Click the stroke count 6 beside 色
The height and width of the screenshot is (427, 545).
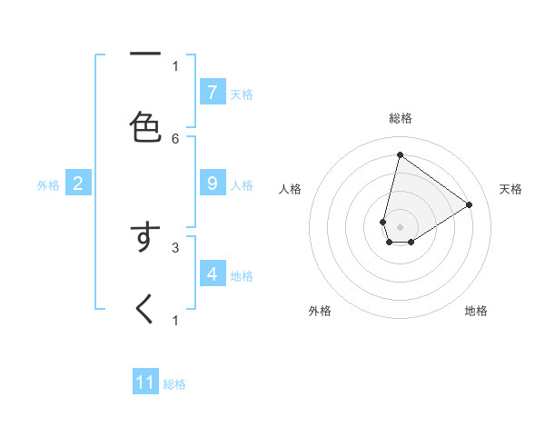pos(175,138)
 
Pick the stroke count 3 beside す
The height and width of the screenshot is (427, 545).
pos(175,246)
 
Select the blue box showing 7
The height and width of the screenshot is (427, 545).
pos(213,92)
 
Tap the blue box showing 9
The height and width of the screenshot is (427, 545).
pos(213,183)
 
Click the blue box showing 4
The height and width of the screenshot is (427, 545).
pos(213,273)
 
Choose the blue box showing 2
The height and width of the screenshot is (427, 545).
pos(78,184)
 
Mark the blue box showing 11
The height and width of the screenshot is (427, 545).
pos(145,382)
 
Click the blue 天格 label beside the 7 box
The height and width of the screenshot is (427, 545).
pos(242,94)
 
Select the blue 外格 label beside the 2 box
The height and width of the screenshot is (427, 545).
pos(48,185)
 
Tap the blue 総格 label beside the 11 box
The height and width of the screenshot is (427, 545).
pos(174,384)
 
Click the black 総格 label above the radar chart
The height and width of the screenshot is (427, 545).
pos(401,118)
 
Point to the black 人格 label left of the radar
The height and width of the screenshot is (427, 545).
pos(291,189)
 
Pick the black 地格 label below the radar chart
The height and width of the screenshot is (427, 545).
pos(476,311)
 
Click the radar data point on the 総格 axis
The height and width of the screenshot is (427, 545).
pos(400,155)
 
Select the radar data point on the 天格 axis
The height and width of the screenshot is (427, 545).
pos(470,204)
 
